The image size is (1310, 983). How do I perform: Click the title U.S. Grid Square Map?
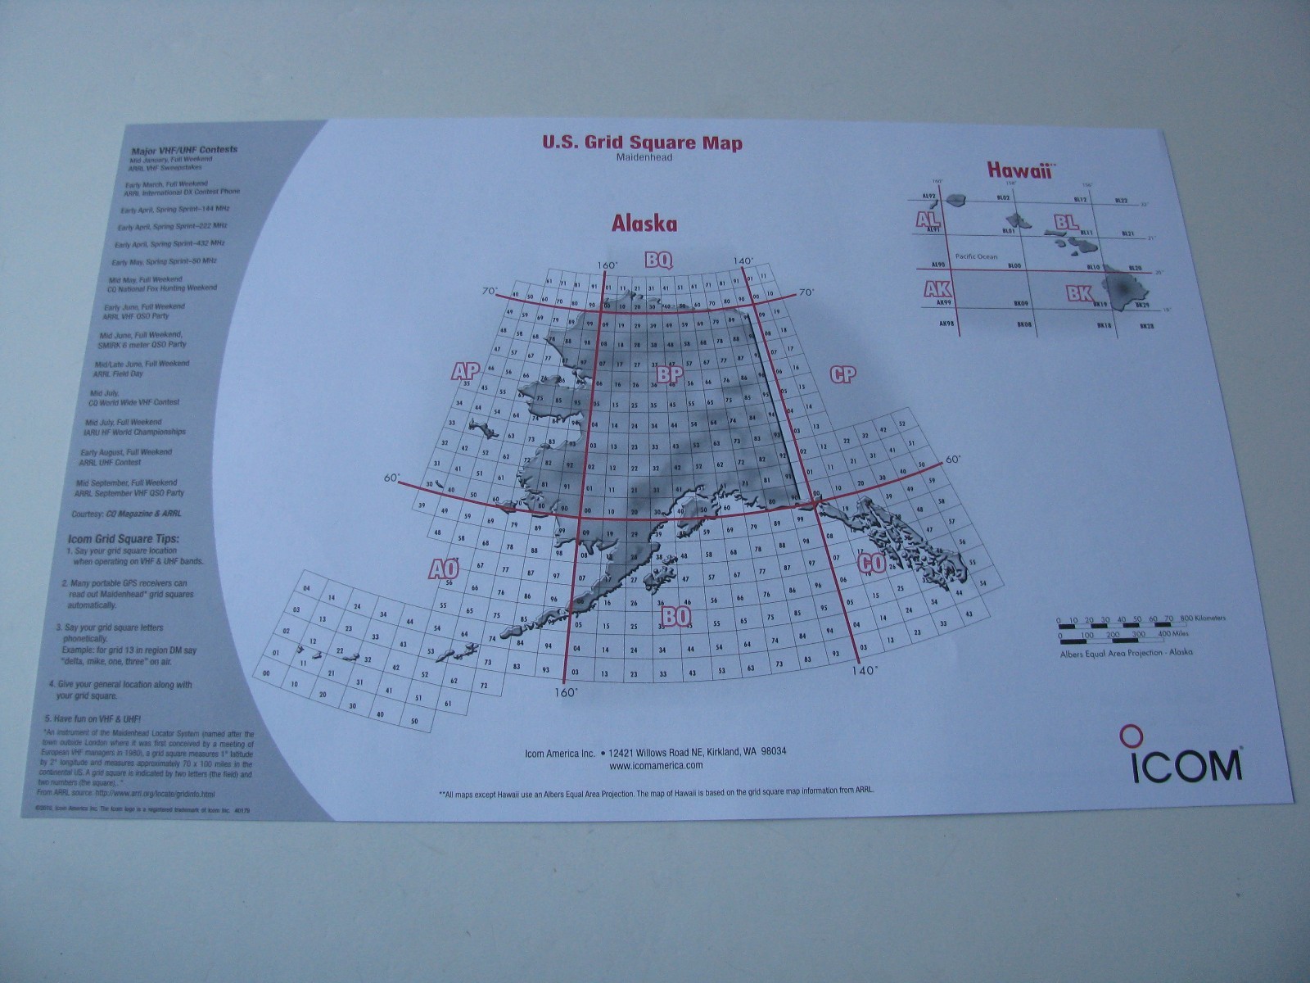tap(642, 143)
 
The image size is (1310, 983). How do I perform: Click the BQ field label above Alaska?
tap(658, 260)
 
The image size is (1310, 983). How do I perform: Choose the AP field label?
tap(465, 371)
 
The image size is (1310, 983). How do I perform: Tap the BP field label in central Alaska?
tap(669, 374)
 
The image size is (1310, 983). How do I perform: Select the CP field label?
tap(842, 374)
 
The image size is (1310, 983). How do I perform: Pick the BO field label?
tap(676, 615)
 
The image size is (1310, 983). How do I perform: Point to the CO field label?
tap(870, 563)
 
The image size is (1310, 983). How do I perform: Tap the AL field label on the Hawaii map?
tap(928, 220)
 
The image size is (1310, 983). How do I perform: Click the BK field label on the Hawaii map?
tap(1078, 293)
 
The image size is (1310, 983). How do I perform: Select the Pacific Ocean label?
tap(977, 256)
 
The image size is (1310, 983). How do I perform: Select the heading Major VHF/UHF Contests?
tap(184, 150)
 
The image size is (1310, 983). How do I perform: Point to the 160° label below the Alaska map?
tap(565, 691)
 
